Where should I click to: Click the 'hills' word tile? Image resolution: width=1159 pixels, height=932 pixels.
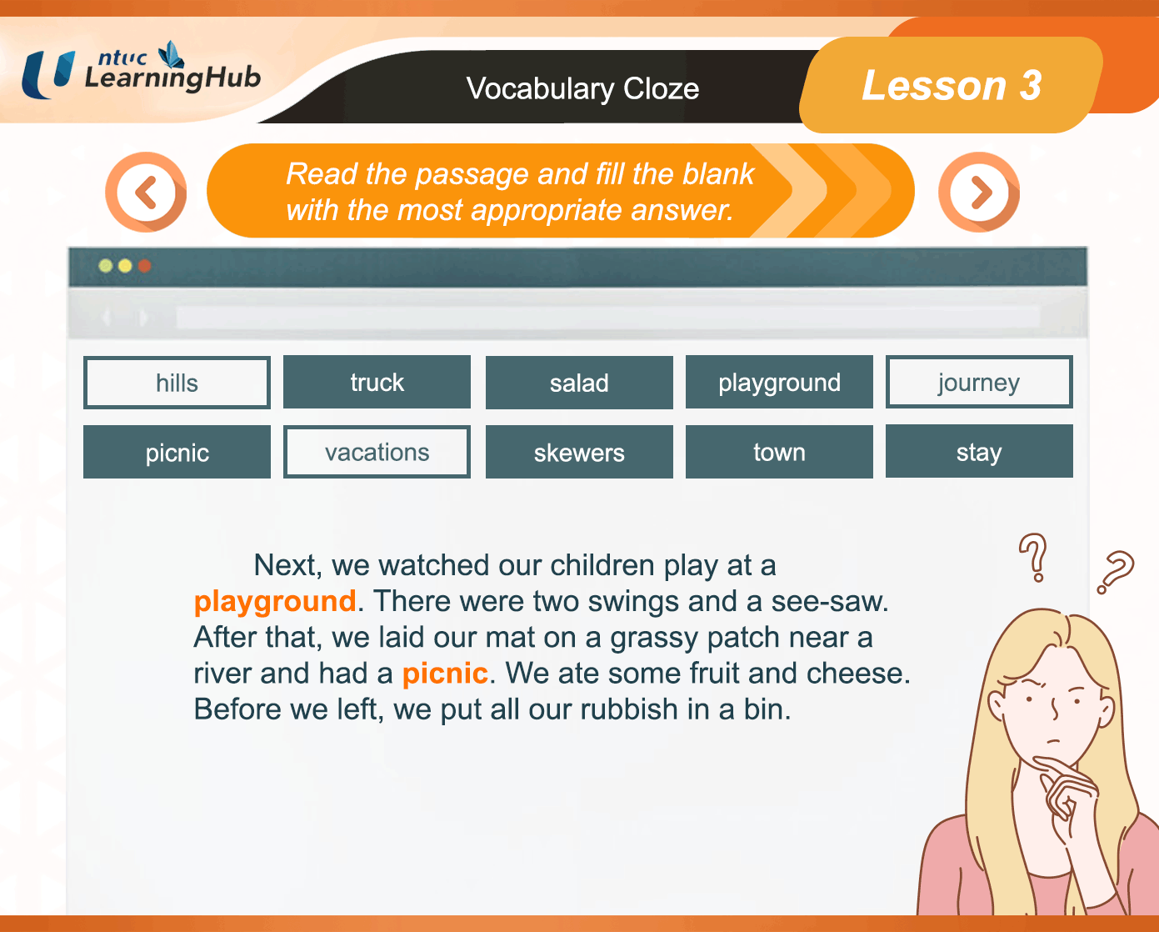[x=177, y=383]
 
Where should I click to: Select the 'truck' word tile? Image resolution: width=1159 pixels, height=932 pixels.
[x=377, y=382]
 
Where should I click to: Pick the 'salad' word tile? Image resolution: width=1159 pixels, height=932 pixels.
[x=579, y=383]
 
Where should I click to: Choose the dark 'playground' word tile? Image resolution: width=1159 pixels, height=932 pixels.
[x=779, y=382]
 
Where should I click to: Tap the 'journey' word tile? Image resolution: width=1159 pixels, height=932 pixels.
[x=979, y=382]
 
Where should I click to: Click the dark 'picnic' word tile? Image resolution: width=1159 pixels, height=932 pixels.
[x=177, y=452]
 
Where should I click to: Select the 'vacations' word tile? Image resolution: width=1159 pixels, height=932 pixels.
[x=377, y=452]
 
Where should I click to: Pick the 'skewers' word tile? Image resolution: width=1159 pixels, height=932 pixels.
[x=579, y=452]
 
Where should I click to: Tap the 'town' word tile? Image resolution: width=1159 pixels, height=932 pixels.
[x=779, y=452]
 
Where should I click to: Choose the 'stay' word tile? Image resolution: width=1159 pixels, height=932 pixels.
[x=979, y=451]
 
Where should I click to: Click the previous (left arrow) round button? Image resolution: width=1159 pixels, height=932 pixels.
[x=146, y=193]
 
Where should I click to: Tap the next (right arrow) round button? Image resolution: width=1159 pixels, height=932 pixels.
[x=979, y=193]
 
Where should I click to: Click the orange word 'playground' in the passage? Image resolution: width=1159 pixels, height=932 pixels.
[x=275, y=602]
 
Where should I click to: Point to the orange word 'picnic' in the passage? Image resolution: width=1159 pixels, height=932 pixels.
[x=445, y=674]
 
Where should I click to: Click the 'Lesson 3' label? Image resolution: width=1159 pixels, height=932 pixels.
[x=952, y=85]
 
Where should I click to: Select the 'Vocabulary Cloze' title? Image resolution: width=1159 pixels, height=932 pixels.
[x=582, y=89]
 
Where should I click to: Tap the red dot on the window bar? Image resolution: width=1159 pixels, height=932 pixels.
[x=144, y=266]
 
